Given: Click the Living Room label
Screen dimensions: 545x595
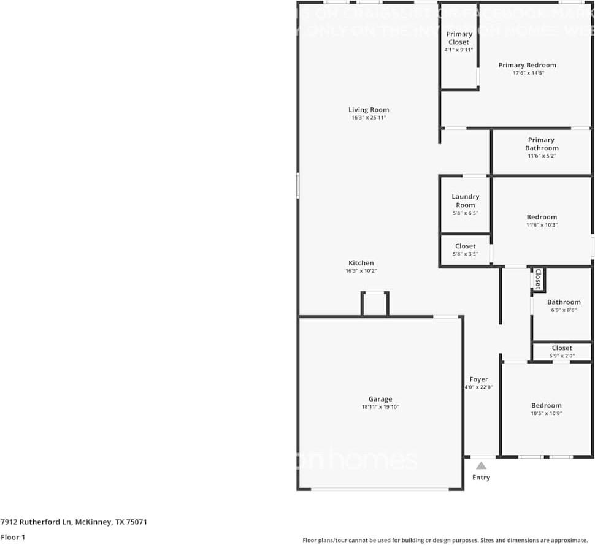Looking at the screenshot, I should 369,110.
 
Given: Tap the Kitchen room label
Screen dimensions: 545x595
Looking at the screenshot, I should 361,263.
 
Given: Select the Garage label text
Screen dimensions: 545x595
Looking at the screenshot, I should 380,399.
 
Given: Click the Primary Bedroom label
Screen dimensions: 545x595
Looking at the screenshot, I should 527,65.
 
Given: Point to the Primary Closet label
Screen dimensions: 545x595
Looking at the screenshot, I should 459,38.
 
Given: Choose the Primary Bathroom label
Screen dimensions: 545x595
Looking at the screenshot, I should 542,144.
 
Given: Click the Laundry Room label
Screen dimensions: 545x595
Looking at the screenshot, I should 466,200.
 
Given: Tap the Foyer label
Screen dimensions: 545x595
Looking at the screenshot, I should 479,379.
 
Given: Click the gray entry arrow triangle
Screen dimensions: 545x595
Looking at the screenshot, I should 481,465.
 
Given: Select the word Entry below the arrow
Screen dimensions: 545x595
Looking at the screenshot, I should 482,478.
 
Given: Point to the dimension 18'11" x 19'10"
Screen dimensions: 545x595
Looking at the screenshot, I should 380,407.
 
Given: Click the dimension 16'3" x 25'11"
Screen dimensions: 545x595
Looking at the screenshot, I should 369,118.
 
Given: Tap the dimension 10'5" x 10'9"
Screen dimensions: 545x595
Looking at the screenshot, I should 547,413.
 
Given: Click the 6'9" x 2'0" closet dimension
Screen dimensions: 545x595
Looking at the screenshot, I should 562,356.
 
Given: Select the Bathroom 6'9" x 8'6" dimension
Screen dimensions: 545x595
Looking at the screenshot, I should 564,310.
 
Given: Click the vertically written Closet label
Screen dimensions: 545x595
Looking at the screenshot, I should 538,278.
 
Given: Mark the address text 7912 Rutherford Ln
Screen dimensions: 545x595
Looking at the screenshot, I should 37,522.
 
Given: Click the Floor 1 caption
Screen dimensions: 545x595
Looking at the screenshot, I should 12,537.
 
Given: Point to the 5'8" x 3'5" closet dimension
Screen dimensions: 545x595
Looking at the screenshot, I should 466,254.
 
